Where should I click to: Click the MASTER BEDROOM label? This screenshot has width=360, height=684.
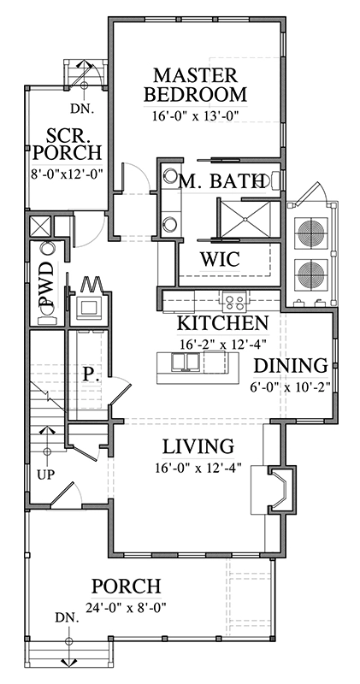point(195,85)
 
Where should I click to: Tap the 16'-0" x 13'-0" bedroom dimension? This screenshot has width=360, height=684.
point(197,116)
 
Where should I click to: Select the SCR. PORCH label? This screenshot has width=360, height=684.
point(68,145)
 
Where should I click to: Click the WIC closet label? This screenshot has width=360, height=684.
point(220,260)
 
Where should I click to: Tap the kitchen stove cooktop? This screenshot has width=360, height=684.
point(236,300)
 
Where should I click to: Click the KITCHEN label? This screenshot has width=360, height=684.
point(222,323)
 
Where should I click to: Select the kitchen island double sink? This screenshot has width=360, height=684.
point(185,361)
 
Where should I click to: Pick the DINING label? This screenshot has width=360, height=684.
point(291,366)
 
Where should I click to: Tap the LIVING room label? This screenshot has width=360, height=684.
point(198,446)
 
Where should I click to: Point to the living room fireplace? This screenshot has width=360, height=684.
point(280,489)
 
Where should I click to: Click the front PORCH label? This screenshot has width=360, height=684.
point(126,587)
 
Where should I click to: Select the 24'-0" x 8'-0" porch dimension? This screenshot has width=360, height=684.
point(127,608)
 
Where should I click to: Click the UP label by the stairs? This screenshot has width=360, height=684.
point(46,475)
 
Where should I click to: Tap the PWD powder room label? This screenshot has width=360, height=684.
point(46,285)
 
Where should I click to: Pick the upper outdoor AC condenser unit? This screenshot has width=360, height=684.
point(312,231)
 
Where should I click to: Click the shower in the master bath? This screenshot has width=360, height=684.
point(247,219)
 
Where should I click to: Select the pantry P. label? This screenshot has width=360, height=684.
point(90,374)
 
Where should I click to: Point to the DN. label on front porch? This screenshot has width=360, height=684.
point(68,617)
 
